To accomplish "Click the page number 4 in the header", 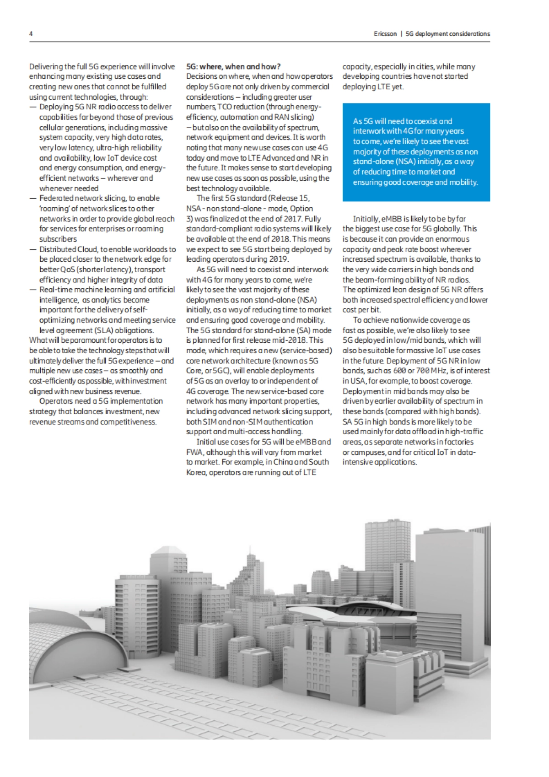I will click(31, 34).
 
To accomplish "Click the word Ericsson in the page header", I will click(385, 34).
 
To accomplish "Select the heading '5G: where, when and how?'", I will click(233, 67).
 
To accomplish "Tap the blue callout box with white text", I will click(416, 152).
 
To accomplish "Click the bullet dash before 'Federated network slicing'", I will click(32, 199).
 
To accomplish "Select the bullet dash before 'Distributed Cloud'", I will click(32, 249).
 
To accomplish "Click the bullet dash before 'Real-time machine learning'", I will click(32, 290).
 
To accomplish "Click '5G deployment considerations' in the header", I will click(448, 34).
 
